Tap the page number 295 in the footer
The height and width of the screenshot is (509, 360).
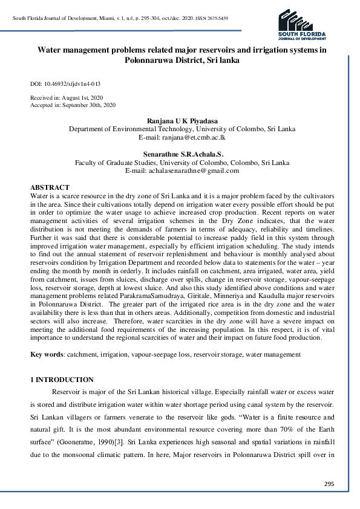329,484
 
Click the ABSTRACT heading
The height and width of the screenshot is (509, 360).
50,188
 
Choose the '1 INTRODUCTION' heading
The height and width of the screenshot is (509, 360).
62,380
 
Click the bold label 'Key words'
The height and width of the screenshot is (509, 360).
47,353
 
